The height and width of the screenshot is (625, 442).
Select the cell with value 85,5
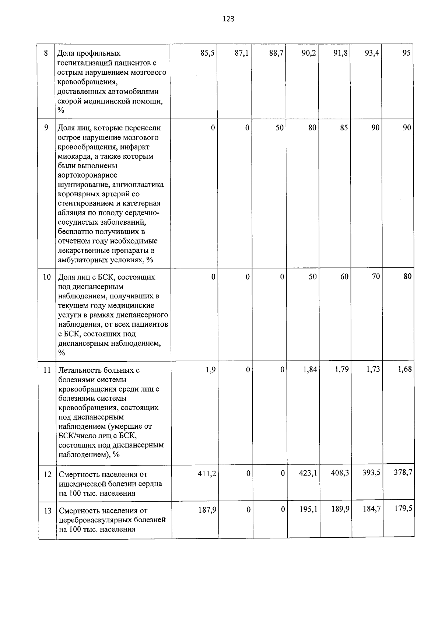[x=207, y=53]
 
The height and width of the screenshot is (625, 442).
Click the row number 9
[x=46, y=128]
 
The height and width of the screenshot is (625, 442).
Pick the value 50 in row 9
[x=280, y=128]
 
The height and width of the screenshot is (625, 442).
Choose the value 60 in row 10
[x=344, y=277]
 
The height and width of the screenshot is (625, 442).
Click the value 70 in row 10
[x=376, y=277]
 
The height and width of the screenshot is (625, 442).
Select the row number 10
[x=47, y=277]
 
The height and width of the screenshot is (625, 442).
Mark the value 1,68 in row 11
[x=404, y=369]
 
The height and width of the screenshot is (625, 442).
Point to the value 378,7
[x=403, y=473]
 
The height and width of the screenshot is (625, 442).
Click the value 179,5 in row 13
[x=403, y=509]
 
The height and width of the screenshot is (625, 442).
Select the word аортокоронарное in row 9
[x=88, y=175]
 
